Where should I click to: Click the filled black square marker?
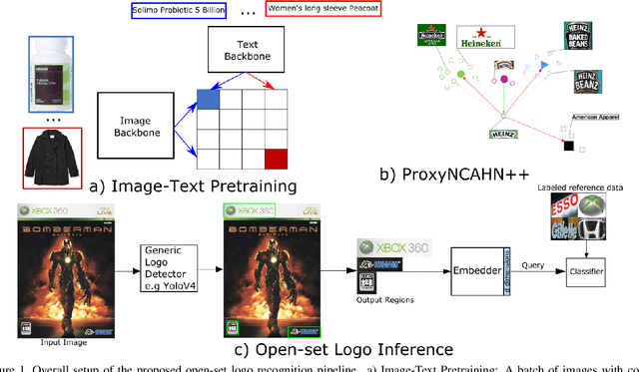click(x=568, y=147)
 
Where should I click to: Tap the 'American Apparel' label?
click(x=594, y=117)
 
